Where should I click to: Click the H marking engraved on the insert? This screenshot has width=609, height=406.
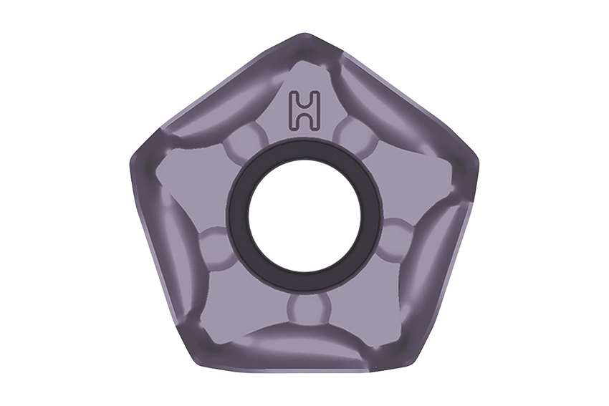click(x=305, y=110)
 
